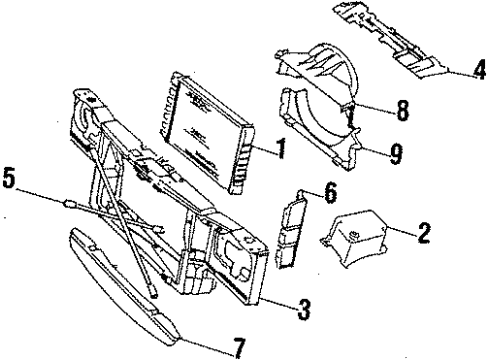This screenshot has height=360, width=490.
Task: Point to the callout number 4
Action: pyautogui.click(x=479, y=72)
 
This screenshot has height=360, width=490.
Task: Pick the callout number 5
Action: pyautogui.click(x=9, y=182)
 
